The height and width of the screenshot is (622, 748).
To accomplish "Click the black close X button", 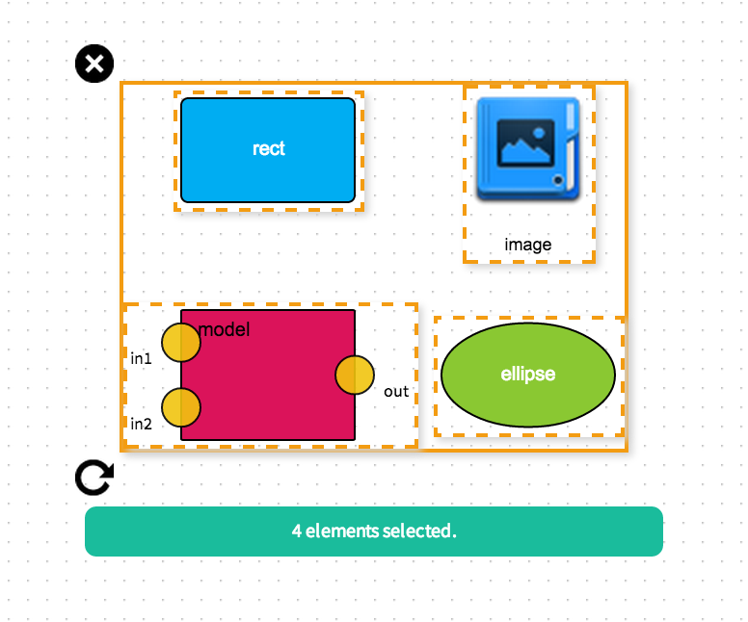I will (x=94, y=65).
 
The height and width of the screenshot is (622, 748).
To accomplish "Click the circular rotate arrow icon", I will (x=94, y=477).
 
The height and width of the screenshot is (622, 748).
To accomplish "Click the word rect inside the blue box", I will (x=269, y=148).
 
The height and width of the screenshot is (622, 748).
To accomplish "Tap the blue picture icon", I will (x=528, y=149).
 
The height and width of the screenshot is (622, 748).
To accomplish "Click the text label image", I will (x=528, y=245).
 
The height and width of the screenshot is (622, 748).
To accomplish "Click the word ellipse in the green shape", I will (x=528, y=374).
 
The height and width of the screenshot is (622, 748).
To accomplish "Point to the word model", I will (x=224, y=329).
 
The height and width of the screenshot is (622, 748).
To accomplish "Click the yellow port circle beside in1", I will (x=180, y=342).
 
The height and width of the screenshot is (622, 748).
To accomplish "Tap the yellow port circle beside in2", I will (x=180, y=407).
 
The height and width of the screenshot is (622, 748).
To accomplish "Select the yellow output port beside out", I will (x=355, y=375).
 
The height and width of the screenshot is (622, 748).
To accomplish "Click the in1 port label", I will (x=142, y=358).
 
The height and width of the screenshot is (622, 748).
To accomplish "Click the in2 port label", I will (x=142, y=424).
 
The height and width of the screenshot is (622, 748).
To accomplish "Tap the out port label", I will (x=396, y=391).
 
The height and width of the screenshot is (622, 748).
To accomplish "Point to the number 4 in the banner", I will (x=296, y=531).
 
